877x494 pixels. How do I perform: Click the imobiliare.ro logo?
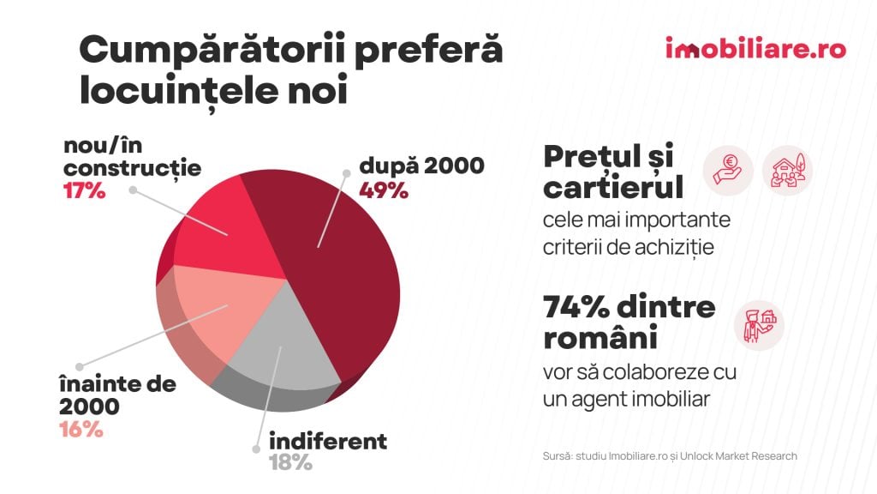point(755,48)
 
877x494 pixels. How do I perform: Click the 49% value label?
point(384,190)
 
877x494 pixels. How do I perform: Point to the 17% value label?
point(84,190)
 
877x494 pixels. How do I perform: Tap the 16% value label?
point(81,429)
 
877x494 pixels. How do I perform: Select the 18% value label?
point(290,463)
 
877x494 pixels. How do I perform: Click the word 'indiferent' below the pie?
point(327,442)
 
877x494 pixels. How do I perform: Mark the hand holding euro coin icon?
point(728,169)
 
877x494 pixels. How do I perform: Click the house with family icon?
point(786,169)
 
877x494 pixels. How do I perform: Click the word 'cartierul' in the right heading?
point(612,187)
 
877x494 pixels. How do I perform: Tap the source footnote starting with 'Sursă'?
point(670,456)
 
